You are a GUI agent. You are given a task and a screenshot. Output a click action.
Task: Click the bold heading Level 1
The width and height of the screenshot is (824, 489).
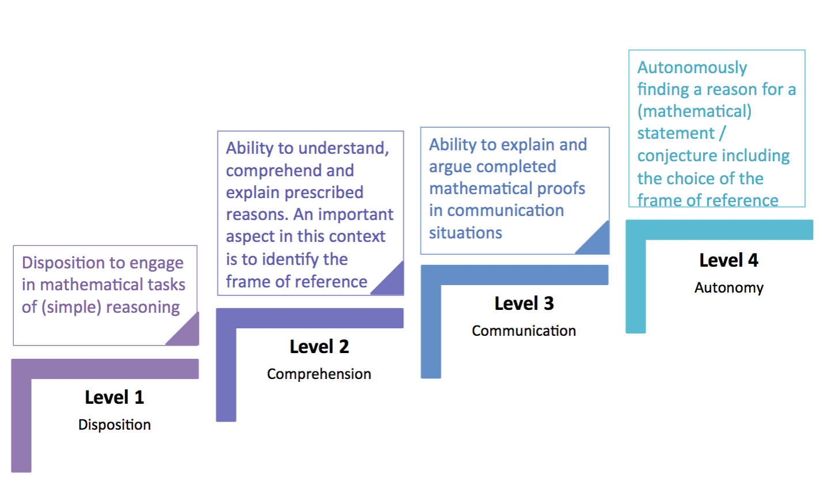coord(115,397)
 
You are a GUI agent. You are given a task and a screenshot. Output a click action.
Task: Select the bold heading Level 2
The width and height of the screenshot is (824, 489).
coord(320,347)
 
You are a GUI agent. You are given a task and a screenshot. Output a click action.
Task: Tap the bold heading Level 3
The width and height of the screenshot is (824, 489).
coord(524,304)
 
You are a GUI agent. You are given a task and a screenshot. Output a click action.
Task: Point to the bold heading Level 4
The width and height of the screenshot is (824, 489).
coord(729,260)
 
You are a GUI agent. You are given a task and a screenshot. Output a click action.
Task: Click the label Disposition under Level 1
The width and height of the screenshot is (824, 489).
coord(115,425)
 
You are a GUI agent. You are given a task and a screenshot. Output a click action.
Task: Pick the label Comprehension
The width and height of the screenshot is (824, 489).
coord(320,374)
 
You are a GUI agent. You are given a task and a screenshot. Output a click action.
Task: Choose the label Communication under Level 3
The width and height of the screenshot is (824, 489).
coord(524,331)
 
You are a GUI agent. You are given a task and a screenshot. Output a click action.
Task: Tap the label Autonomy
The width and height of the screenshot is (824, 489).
coord(729,288)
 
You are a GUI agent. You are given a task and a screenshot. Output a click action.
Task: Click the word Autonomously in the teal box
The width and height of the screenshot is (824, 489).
coord(692,68)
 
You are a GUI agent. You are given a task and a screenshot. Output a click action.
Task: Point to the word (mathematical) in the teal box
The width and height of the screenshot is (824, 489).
coord(694,111)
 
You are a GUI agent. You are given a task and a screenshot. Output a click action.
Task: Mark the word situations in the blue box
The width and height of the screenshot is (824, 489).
coord(465,233)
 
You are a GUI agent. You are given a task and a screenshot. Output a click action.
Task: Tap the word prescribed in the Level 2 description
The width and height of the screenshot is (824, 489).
coord(324,193)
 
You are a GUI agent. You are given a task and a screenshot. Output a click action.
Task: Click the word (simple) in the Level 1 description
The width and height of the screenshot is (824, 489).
coord(71,307)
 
